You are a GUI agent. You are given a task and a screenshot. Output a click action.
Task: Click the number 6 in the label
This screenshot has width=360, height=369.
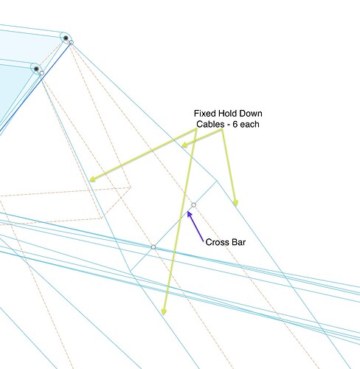(x=235, y=124)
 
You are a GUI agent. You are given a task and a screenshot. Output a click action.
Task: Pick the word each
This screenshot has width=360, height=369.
(x=249, y=124)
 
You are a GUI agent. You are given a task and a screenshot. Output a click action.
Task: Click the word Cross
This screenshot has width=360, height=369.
(x=216, y=242)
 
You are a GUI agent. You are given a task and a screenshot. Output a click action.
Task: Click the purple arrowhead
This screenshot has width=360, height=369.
(x=190, y=214)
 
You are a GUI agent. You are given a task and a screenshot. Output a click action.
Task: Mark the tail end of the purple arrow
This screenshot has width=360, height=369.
(x=204, y=241)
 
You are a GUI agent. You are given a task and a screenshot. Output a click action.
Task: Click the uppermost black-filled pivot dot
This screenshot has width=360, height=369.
(x=66, y=38)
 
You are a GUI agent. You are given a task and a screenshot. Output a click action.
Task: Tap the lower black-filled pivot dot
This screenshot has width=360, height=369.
(x=36, y=69)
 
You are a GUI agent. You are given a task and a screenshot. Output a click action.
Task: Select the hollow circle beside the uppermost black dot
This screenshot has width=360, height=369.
(x=72, y=43)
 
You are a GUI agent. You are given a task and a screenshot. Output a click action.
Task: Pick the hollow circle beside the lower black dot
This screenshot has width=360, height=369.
(x=42, y=73)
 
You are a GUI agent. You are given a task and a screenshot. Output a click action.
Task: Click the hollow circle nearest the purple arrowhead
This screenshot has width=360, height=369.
(x=194, y=205)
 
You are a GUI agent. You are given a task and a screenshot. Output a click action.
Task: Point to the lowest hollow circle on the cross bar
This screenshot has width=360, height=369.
(x=153, y=247)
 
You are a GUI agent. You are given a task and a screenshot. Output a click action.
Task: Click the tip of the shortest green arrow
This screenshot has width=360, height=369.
(x=181, y=146)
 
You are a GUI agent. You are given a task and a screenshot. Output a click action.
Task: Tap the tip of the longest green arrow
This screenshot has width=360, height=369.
(x=163, y=315)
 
